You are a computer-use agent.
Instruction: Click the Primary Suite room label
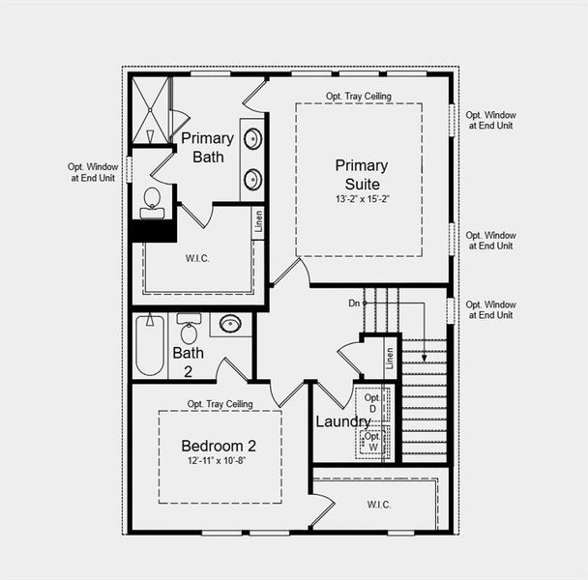point(362,174)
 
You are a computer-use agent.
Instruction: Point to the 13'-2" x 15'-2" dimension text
point(362,198)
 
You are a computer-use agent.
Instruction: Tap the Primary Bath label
point(207,147)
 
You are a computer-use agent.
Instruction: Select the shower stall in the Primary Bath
point(150,109)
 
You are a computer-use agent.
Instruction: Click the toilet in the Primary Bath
point(152,201)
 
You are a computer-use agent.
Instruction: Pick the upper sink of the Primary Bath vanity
point(252,139)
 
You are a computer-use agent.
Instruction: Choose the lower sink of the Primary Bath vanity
point(252,179)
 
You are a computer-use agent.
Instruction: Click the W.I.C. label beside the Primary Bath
point(197,258)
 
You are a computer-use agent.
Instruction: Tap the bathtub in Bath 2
point(149,345)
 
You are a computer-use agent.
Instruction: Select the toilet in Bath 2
point(189,328)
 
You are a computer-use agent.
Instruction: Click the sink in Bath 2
point(230,324)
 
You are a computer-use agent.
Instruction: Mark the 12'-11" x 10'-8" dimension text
point(219,461)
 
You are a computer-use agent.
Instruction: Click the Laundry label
point(342,421)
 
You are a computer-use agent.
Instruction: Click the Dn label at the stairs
point(354,304)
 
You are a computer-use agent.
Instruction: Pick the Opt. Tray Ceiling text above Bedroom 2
point(220,403)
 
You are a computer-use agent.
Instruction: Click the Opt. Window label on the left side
point(92,172)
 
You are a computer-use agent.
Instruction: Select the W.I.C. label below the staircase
point(378,503)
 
